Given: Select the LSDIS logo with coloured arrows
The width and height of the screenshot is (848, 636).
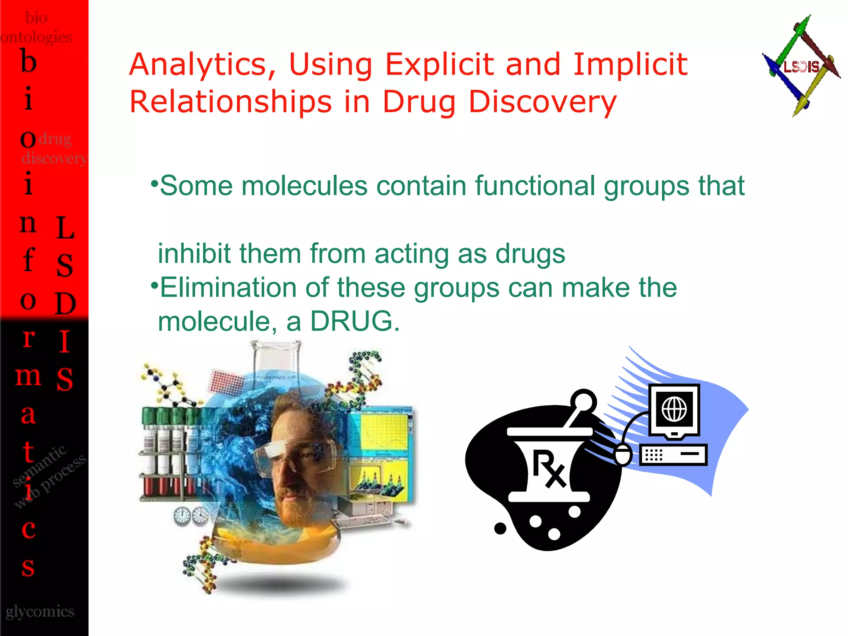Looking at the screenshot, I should click(801, 66).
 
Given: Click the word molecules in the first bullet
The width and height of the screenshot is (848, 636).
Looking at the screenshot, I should click(305, 185).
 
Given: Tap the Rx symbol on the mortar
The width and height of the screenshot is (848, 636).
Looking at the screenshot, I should click(549, 468).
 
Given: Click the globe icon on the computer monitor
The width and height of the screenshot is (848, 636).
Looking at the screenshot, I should click(674, 409).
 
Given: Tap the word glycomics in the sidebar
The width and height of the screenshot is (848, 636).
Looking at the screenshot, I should click(40, 611).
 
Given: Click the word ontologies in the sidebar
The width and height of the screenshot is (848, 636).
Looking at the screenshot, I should click(36, 37).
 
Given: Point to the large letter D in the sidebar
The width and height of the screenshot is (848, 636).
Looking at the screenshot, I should click(65, 304).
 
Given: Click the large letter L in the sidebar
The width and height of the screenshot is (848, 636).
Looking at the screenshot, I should click(65, 228).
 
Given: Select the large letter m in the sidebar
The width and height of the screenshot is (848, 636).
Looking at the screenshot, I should click(28, 376).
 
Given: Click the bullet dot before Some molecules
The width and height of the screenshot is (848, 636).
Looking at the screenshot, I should click(154, 183).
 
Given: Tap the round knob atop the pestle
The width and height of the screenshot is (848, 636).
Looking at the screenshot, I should click(584, 400).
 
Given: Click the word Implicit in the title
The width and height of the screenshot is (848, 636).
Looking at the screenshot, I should click(630, 65).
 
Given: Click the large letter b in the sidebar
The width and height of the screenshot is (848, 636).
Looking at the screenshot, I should click(29, 62).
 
